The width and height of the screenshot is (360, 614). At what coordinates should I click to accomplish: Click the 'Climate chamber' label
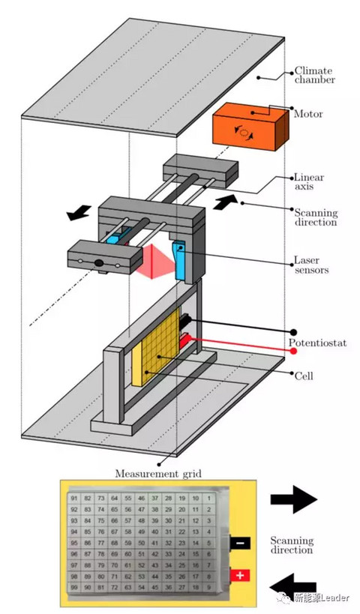tap(314, 75)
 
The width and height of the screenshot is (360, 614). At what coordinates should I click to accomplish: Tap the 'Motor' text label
tap(308, 114)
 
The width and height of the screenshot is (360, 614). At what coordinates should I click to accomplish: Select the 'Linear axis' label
tap(309, 181)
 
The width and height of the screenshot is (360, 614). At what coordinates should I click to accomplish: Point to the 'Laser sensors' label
tap(311, 265)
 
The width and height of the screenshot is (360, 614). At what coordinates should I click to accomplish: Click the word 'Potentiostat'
tap(318, 343)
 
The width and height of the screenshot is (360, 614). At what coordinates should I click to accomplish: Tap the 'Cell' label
tap(304, 376)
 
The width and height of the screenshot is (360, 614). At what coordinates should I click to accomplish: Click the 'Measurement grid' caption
tap(158, 474)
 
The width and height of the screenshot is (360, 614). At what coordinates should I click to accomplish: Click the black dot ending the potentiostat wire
tap(294, 332)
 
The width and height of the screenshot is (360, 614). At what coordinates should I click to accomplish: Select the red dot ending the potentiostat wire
tap(293, 351)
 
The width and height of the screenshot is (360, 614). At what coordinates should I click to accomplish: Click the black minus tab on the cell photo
tap(240, 543)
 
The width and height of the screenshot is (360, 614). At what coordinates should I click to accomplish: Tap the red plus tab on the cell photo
tap(240, 575)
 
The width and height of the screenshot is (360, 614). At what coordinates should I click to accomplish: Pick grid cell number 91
tap(74, 499)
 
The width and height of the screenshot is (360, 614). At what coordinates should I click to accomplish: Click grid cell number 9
tap(209, 587)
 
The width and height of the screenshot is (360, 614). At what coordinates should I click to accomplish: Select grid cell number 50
tap(142, 543)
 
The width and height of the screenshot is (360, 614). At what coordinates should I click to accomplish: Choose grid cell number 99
tap(74, 587)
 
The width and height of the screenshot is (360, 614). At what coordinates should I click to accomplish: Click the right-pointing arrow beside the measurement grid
tap(293, 499)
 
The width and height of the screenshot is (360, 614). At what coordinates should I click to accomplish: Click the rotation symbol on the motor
tap(244, 133)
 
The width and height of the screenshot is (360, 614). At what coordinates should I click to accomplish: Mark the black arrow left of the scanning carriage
tap(79, 213)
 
